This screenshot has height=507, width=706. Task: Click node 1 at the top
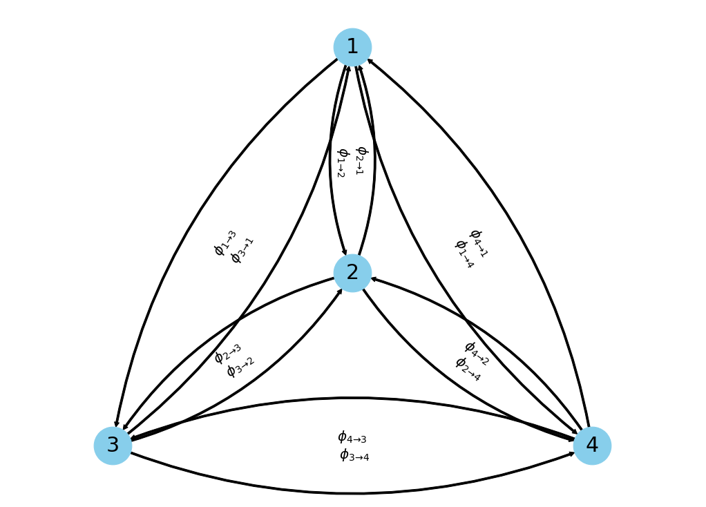(x=352, y=47)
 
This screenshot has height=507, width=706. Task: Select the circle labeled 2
(x=352, y=273)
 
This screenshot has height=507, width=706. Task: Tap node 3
(x=113, y=446)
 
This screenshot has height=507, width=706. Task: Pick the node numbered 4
(x=592, y=446)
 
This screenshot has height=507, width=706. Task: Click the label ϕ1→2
(x=341, y=163)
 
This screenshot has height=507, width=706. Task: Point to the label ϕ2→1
(x=360, y=160)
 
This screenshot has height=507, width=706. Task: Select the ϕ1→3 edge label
(x=225, y=243)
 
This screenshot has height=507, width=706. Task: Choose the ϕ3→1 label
(x=242, y=250)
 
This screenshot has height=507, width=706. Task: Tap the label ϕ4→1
(x=478, y=243)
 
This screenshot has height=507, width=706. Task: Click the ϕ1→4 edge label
(x=464, y=254)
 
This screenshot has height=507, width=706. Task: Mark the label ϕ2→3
(x=228, y=353)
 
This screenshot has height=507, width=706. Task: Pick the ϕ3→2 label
(x=240, y=367)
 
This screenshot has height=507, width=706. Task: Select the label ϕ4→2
(x=477, y=353)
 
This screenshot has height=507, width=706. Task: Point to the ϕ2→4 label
(x=468, y=369)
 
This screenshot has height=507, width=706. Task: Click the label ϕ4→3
(x=352, y=437)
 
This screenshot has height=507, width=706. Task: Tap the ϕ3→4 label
(x=354, y=455)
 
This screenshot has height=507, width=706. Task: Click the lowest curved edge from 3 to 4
(x=352, y=493)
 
